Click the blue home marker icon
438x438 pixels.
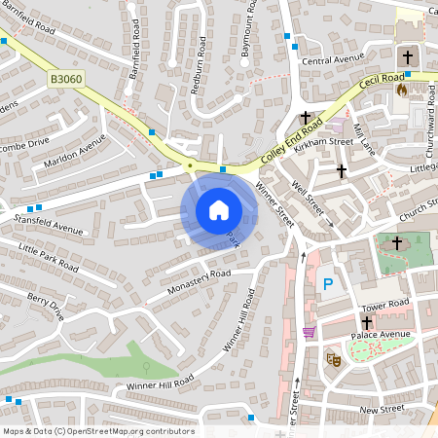coord(218,210)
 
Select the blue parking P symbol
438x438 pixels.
coord(328,284)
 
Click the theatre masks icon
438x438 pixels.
coord(333,358)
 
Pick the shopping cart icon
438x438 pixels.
coord(309,333)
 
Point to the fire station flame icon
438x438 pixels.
coord(402,89)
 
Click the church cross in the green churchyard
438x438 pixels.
coord(396,243)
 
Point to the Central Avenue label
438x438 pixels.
coord(331,60)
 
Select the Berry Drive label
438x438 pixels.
coord(45,307)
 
